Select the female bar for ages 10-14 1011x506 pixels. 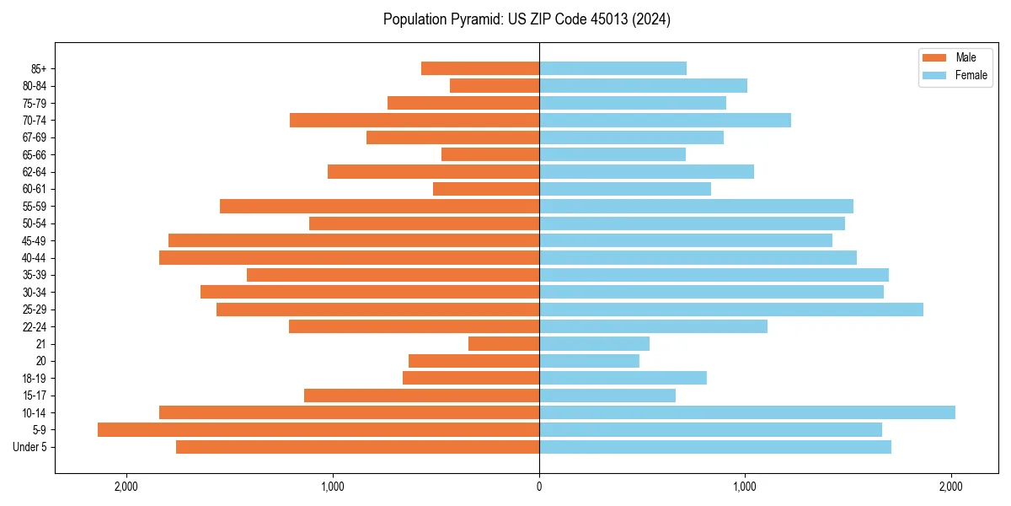point(746,412)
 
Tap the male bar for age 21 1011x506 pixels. point(504,343)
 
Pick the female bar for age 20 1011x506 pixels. point(589,361)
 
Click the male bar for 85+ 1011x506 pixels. point(480,68)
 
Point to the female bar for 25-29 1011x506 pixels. point(730,310)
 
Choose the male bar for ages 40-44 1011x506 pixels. point(349,257)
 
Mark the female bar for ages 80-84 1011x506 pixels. point(643,85)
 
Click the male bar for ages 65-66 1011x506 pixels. point(490,154)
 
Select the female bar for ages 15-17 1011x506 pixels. point(607,395)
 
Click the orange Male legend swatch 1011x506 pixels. point(934,57)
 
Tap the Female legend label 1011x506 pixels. point(971,75)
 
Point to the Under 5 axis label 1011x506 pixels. point(29,447)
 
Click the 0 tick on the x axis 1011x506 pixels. point(539,487)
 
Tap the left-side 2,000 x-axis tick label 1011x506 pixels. point(126,487)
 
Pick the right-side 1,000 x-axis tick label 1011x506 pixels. point(745,487)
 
